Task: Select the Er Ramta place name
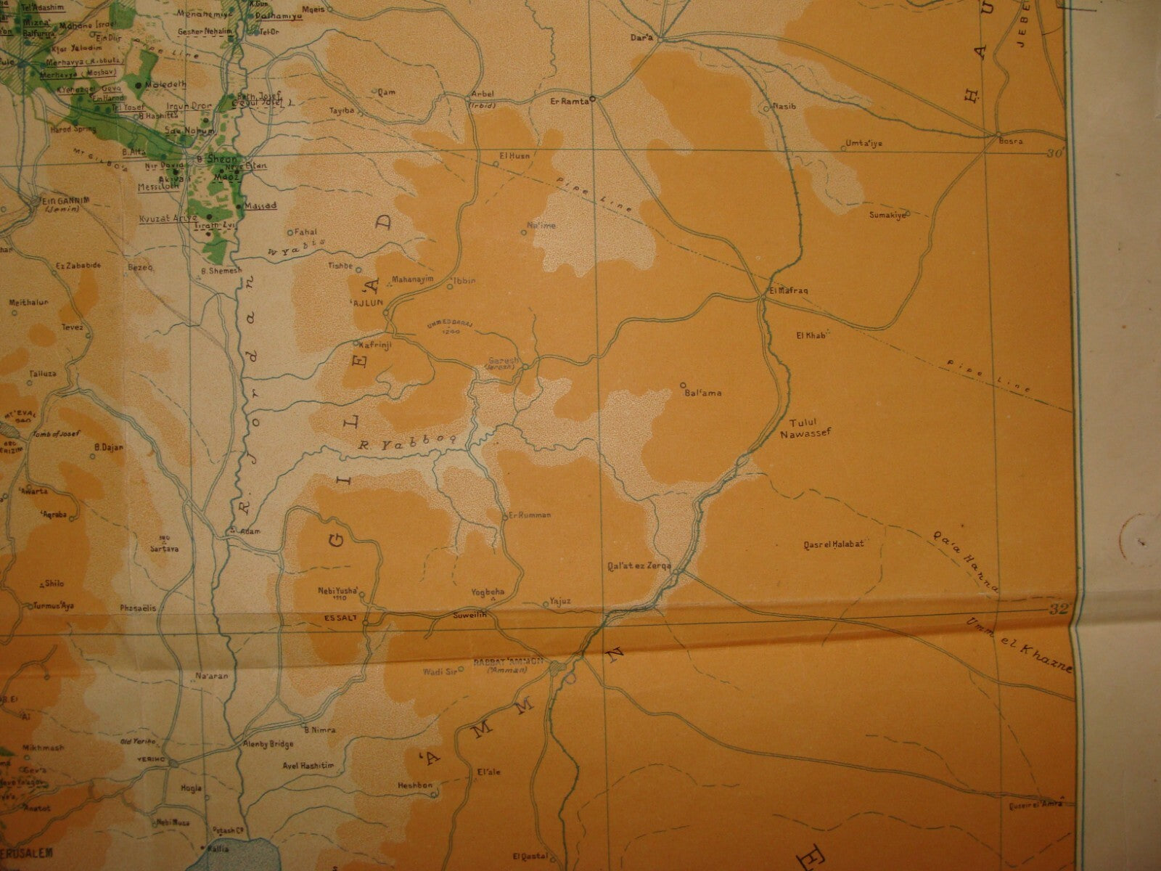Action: [x=571, y=102]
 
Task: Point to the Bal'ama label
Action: [x=703, y=393]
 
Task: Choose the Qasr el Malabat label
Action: [x=834, y=544]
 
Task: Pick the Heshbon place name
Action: [x=415, y=785]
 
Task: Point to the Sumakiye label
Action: [x=889, y=215]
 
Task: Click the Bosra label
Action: [x=1011, y=142]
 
